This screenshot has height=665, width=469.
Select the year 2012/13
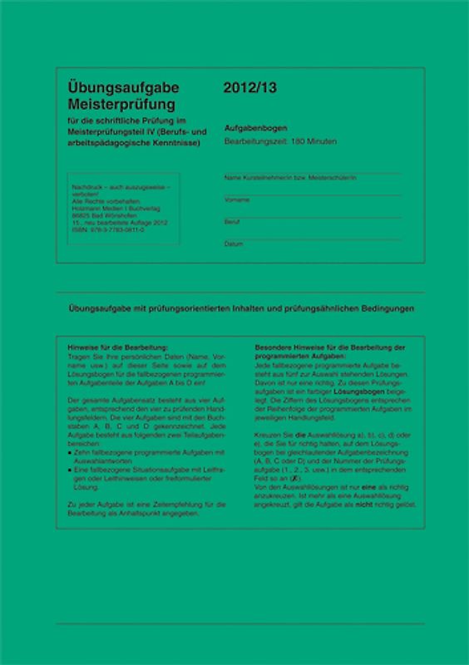[246, 87]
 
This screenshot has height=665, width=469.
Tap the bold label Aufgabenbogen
[256, 128]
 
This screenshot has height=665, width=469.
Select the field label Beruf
[232, 222]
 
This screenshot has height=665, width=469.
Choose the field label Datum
[234, 244]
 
